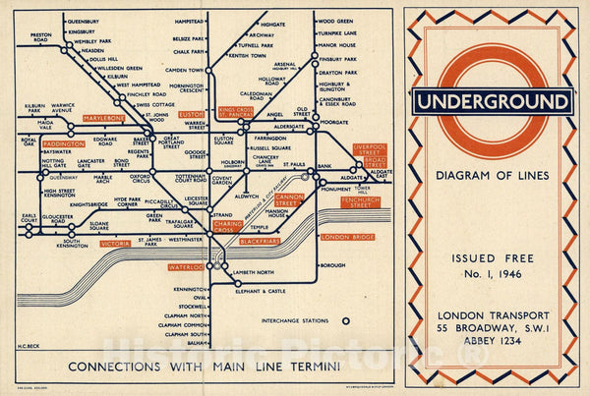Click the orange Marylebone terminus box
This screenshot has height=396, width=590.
[x=103, y=119]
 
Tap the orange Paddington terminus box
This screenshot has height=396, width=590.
[x=65, y=144]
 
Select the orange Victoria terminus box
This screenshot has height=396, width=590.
[x=115, y=243]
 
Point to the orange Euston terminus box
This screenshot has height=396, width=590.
[x=191, y=115]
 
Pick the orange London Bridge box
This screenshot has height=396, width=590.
[x=347, y=237]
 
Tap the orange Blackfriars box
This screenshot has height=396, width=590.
[x=259, y=242]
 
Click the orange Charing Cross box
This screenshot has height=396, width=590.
[x=228, y=225]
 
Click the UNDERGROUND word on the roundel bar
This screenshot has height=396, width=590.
[x=493, y=101]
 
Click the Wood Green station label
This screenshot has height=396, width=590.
[x=336, y=21]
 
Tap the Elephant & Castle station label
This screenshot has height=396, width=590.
[x=266, y=292]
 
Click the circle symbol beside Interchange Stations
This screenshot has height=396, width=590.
[x=345, y=320]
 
